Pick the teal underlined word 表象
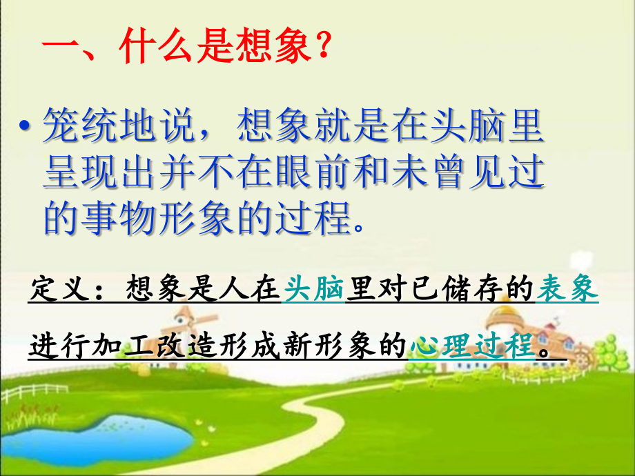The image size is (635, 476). [x=567, y=290]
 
